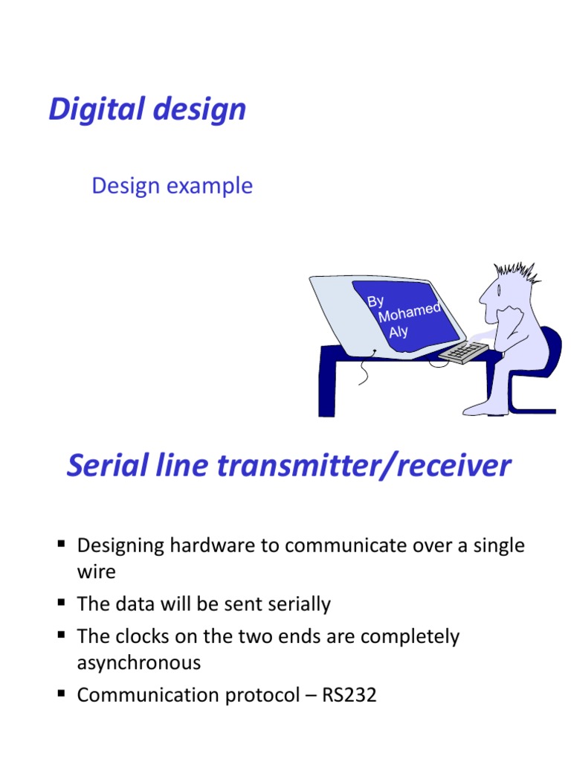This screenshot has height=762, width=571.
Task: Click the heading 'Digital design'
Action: click(x=147, y=110)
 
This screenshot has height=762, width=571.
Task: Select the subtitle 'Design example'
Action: click(x=172, y=186)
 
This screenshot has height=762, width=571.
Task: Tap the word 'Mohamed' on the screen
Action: click(x=410, y=313)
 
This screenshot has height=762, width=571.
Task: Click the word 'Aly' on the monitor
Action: click(x=399, y=332)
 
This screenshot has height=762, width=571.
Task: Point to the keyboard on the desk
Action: click(x=463, y=352)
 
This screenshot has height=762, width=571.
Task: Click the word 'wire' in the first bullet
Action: click(x=96, y=572)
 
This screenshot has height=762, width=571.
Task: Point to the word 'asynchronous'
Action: click(x=139, y=662)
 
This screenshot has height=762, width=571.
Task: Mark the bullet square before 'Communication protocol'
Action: click(x=62, y=694)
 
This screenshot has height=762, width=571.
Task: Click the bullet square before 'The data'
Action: click(x=62, y=603)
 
